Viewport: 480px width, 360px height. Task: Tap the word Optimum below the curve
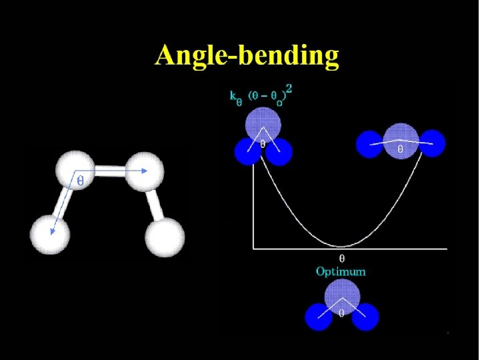point(341,271)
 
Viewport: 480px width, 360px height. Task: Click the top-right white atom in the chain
point(144,171)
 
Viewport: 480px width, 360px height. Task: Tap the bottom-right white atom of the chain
point(165,237)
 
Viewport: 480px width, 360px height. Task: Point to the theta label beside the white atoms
point(81,181)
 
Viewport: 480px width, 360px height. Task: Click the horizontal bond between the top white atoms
point(110,171)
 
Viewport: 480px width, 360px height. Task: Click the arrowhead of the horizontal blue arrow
point(144,171)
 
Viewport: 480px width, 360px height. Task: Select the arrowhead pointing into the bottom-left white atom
point(53,231)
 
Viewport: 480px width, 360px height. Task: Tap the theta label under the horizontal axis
point(342,257)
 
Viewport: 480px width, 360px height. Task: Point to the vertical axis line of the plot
point(253,207)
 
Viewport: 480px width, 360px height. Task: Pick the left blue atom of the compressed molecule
point(247,151)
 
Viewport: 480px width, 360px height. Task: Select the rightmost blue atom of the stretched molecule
point(432,143)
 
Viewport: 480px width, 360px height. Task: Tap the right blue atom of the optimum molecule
point(365,317)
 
